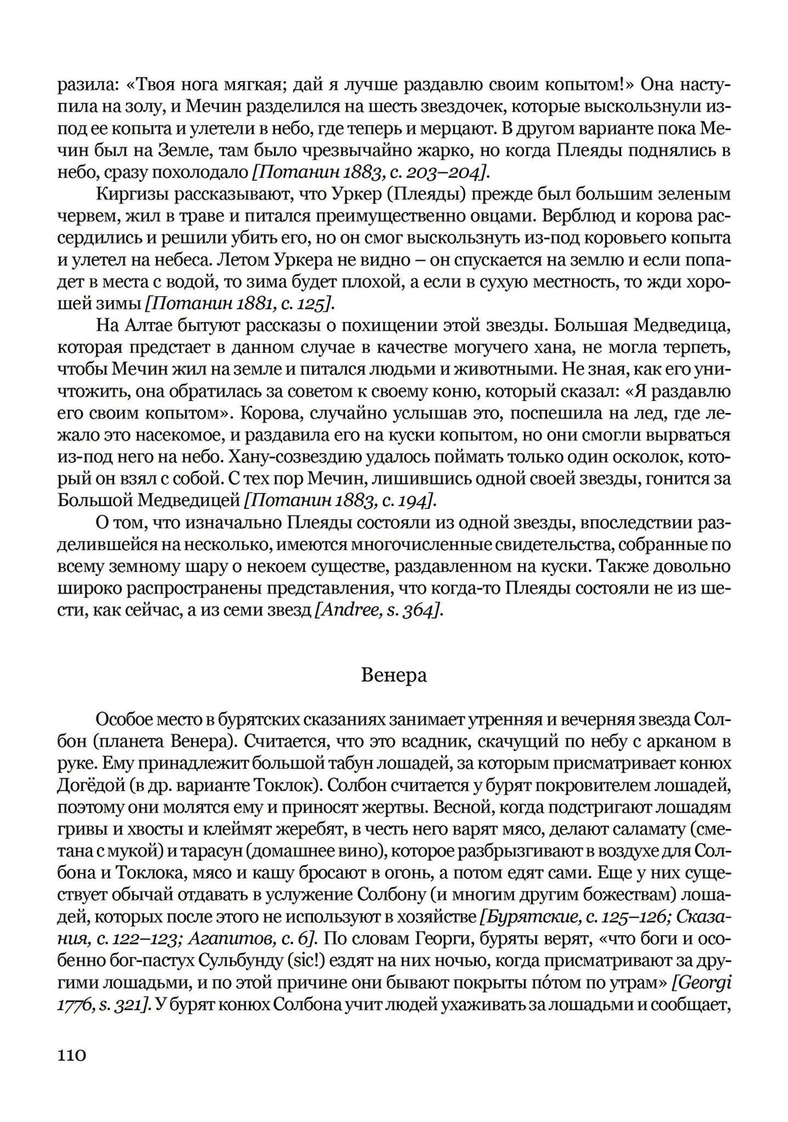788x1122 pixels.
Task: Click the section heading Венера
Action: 394,675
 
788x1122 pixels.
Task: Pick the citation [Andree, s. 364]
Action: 378,610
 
